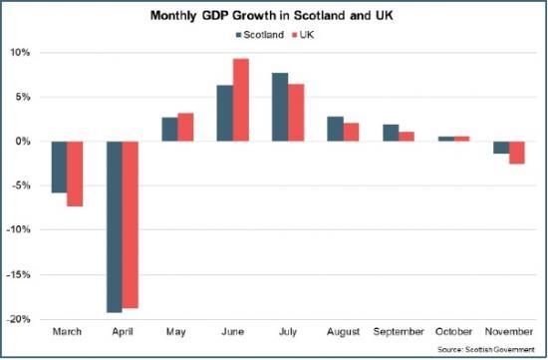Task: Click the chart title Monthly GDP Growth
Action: (x=272, y=17)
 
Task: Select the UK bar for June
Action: (x=241, y=100)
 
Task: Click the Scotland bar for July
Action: (x=280, y=107)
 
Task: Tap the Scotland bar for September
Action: (x=391, y=133)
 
